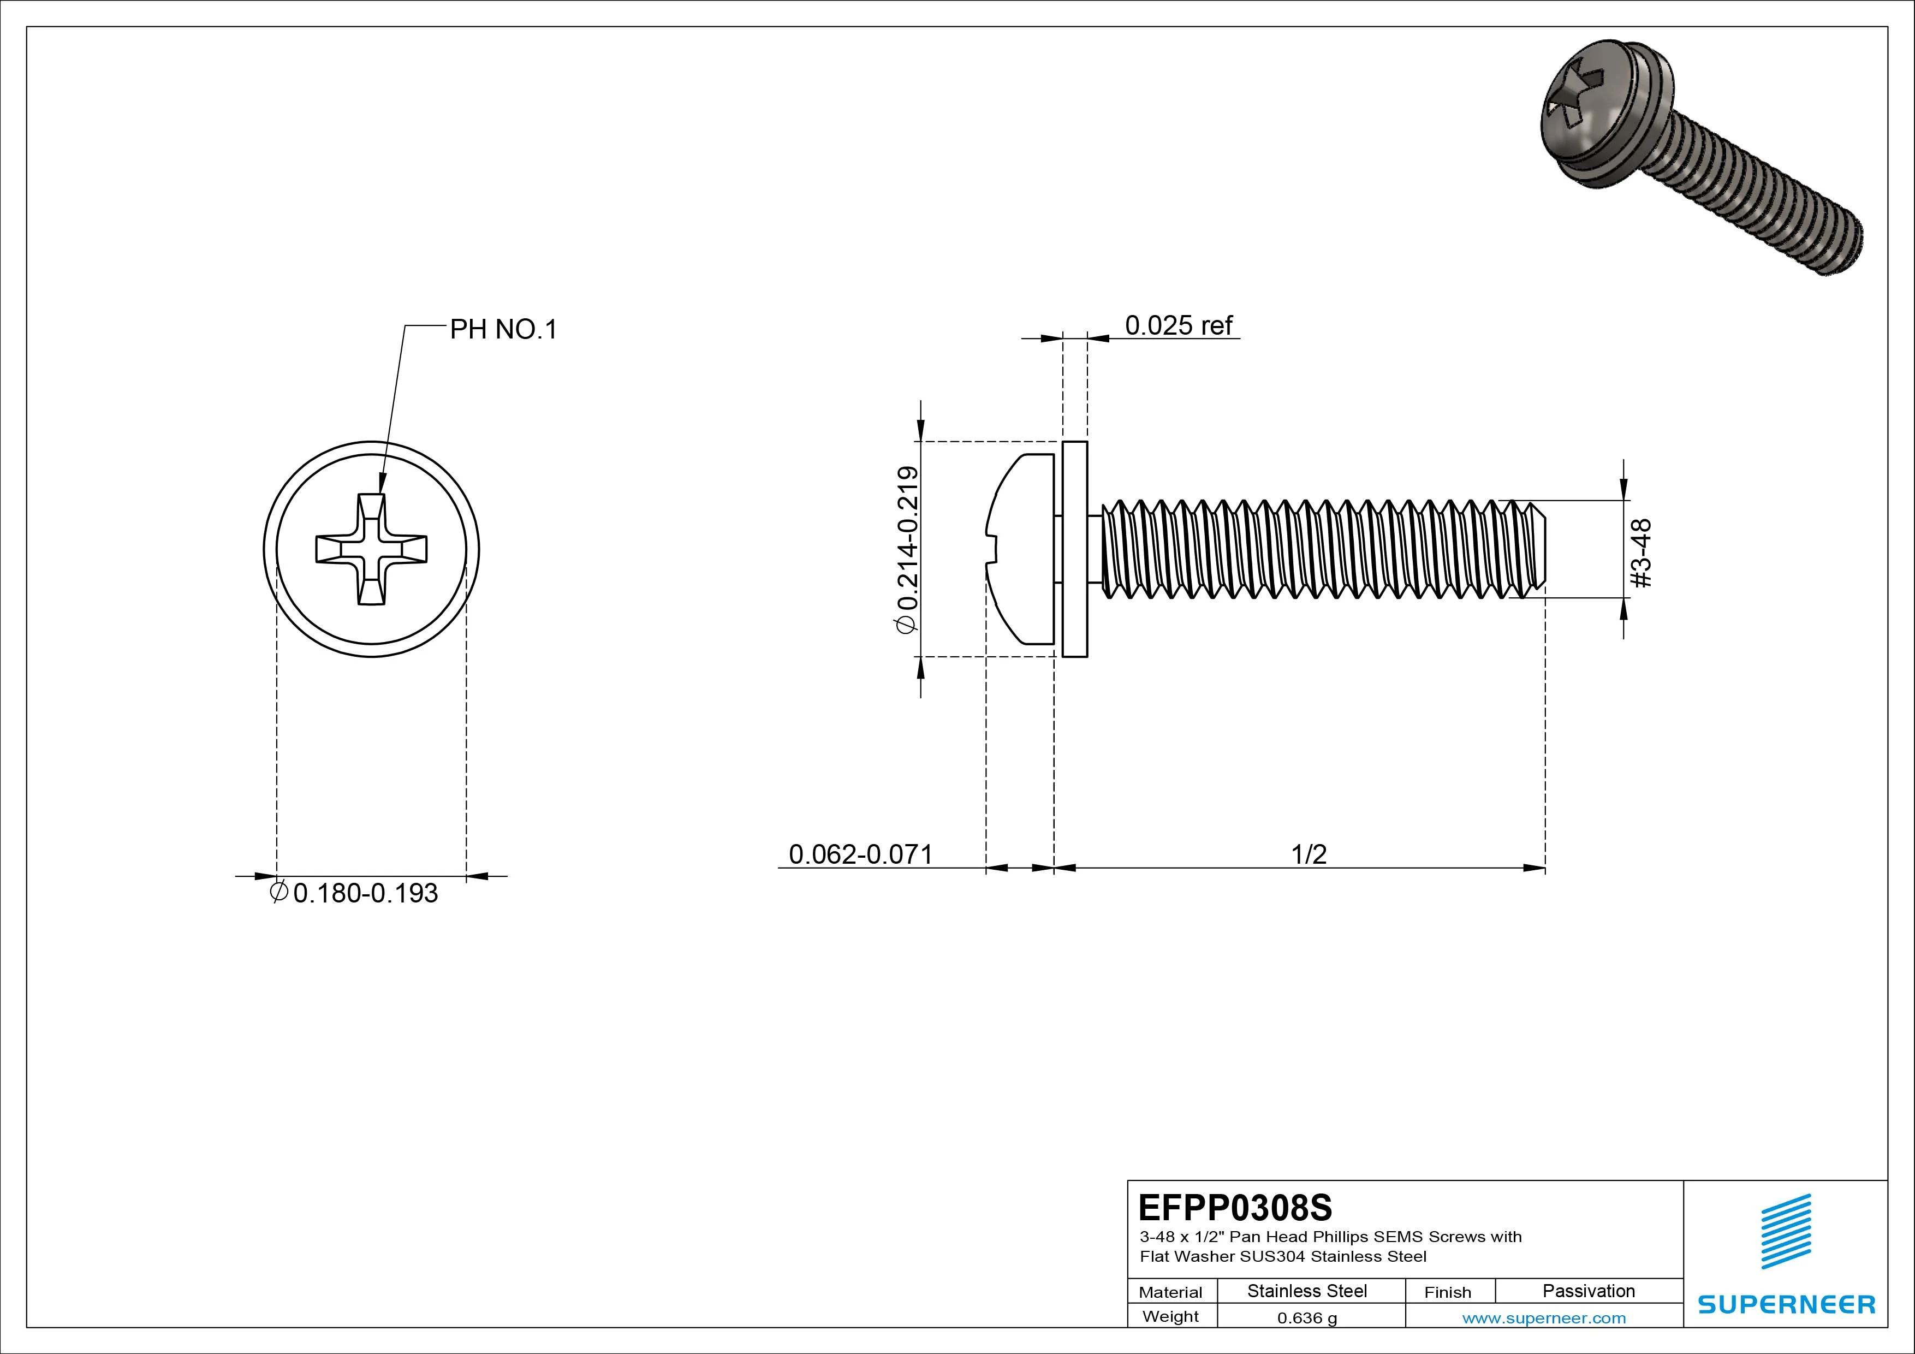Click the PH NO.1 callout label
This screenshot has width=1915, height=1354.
503,330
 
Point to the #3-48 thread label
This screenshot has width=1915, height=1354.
1640,553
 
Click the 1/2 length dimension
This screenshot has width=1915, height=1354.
1309,854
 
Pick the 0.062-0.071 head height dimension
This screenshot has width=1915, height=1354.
860,854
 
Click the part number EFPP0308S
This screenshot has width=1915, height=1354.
1235,1207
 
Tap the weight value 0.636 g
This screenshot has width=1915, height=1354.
1307,1318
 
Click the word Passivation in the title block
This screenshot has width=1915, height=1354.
1588,1291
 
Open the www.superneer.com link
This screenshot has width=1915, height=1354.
1544,1318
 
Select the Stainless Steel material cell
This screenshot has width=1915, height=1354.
1307,1291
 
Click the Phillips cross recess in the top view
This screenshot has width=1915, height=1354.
372,549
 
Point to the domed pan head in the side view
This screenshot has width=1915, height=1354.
1022,549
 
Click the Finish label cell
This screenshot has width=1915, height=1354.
1447,1292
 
